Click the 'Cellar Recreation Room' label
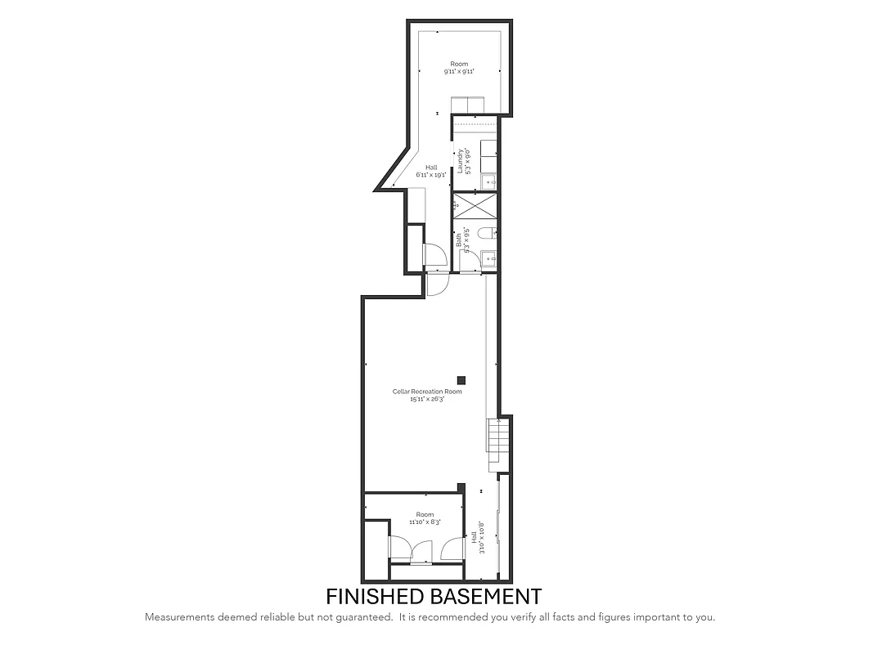426,392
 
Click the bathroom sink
489,258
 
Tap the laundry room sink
488,181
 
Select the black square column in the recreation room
461,379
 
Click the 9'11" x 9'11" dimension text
459,72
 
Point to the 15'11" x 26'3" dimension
426,399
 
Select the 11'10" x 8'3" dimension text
425,522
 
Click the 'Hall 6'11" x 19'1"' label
431,171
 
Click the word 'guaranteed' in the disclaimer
364,617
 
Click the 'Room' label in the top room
459,64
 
